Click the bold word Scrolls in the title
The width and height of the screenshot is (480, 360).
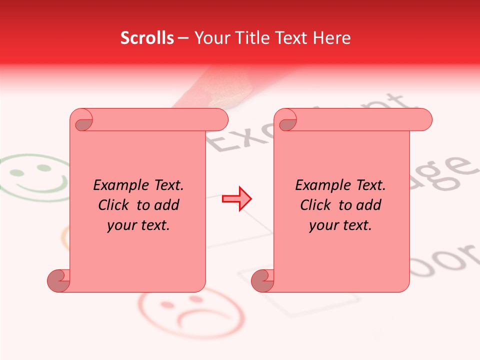coord(147,38)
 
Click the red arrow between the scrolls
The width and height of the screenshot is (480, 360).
coord(236,198)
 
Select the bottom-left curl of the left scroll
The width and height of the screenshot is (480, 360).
coord(59,280)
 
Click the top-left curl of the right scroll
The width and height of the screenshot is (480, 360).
coord(287,120)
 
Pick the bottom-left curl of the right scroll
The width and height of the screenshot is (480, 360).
coord(263,280)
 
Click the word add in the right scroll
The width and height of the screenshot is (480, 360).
coord(369,205)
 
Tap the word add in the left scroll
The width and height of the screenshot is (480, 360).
coord(167,205)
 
